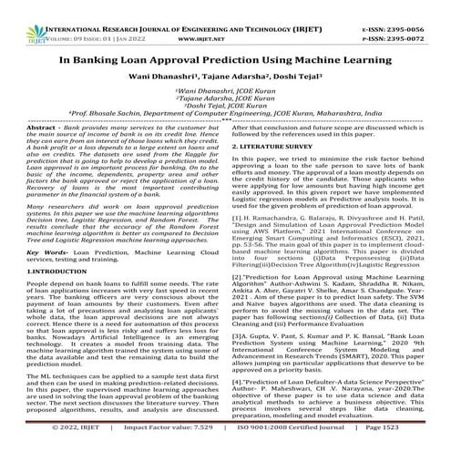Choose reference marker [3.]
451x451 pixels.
(241, 361)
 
